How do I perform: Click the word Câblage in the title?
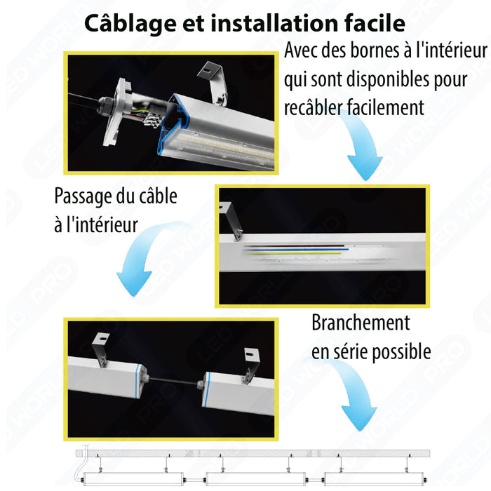pyautogui.click(x=130, y=24)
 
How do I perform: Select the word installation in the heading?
pyautogui.click(x=275, y=23)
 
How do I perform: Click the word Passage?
pyautogui.click(x=83, y=196)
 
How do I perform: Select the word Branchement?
pyautogui.click(x=361, y=323)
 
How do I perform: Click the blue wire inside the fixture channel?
pyautogui.click(x=296, y=250)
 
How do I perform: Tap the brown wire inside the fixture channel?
pyautogui.click(x=294, y=246)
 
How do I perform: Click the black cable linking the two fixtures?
pyautogui.click(x=173, y=380)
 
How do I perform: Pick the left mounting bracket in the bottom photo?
pyautogui.click(x=100, y=350)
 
